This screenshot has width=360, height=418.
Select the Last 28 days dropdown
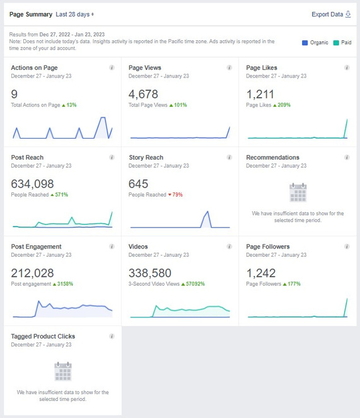coord(74,15)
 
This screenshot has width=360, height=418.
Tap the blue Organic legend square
coord(305,43)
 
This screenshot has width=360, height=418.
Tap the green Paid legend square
coord(336,43)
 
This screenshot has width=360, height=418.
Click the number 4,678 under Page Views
coord(143,94)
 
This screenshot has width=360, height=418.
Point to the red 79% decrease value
coord(177,195)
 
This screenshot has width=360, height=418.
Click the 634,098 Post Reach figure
coord(32,183)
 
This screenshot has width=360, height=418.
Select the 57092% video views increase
coord(195,284)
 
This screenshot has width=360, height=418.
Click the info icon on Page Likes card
coord(347,67)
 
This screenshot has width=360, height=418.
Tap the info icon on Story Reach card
coord(229,157)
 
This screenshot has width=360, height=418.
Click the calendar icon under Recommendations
coord(298,192)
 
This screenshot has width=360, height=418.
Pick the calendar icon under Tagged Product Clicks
coord(63,371)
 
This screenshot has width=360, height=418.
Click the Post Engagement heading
coord(37,247)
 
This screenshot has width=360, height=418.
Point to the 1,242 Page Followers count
coord(261,273)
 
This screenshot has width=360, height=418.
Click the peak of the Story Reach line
coord(207,211)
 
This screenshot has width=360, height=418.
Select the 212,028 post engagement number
coord(32,273)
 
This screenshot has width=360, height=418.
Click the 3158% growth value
coord(65,284)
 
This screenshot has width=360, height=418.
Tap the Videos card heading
coord(138,247)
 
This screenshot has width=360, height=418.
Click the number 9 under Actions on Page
coord(15,94)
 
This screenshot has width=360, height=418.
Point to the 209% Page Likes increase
coord(284,105)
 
